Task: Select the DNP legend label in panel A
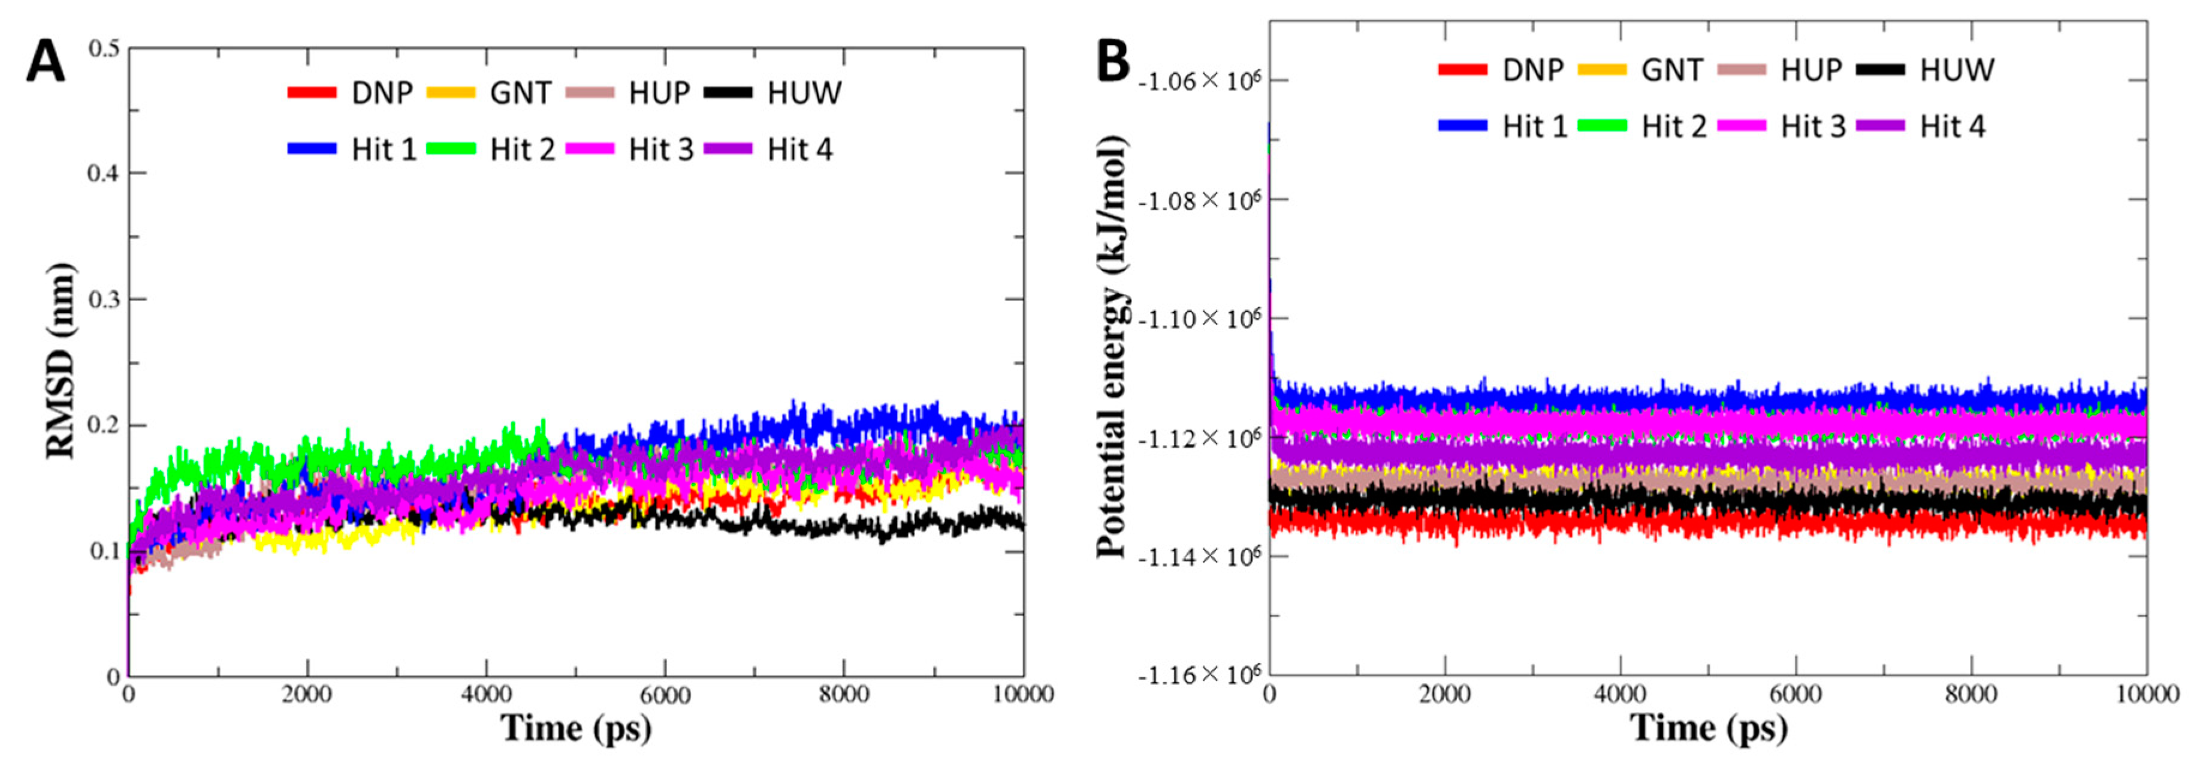(x=382, y=92)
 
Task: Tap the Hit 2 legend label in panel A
(x=522, y=149)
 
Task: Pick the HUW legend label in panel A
(x=804, y=92)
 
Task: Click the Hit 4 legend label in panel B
(x=1952, y=127)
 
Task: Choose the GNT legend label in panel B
(x=1671, y=69)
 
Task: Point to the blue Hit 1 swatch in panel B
(x=1462, y=127)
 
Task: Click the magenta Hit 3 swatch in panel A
(x=590, y=149)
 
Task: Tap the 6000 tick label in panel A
(x=665, y=695)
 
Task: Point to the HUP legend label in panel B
(x=1810, y=69)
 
